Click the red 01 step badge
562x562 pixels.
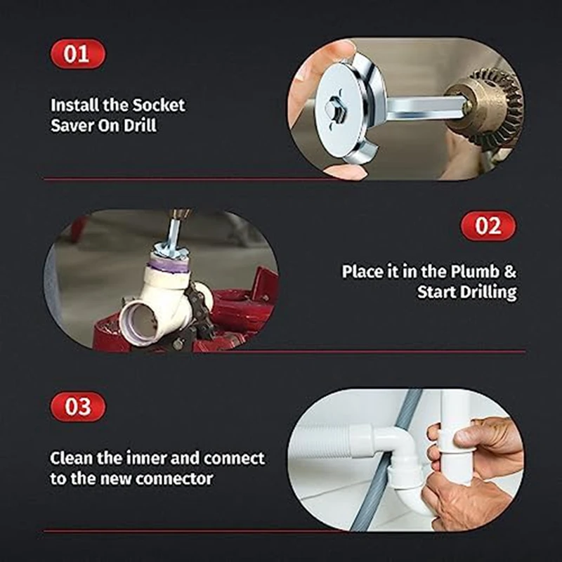coord(77,54)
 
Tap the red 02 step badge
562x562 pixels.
coord(488,226)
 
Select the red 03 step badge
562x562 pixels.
coord(78,407)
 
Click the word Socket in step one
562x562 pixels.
coord(159,105)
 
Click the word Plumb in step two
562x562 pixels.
coord(475,271)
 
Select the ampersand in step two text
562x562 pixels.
coord(510,272)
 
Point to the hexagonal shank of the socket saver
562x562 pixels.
coord(423,107)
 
